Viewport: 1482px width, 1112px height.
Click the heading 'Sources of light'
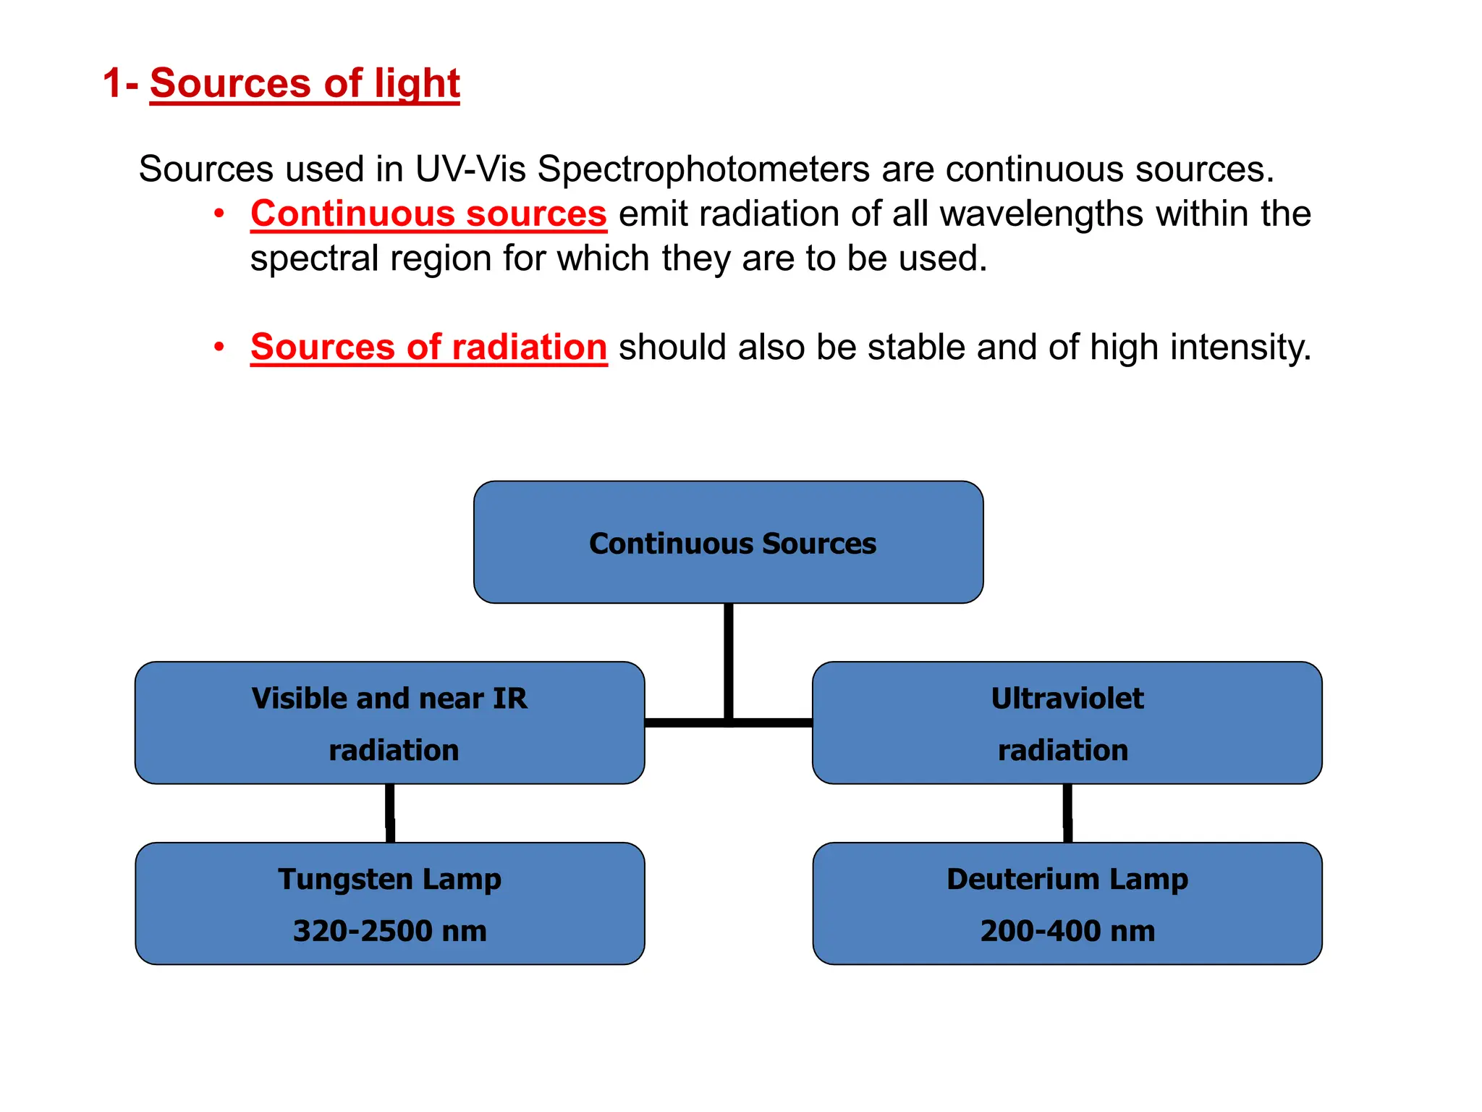(x=305, y=83)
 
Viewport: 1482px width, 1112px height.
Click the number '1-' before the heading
(x=120, y=83)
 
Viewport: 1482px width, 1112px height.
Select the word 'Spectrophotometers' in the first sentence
(x=703, y=169)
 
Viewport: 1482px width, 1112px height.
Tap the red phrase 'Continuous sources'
(x=428, y=214)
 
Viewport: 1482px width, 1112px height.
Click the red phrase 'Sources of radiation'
(x=428, y=347)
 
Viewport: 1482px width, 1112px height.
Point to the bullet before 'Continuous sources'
(x=219, y=214)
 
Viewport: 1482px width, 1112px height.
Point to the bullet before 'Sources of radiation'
(x=219, y=347)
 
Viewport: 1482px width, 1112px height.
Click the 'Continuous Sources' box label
(x=732, y=544)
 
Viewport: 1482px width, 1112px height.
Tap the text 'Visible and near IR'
(x=389, y=699)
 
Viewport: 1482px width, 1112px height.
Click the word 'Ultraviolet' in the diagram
(x=1067, y=699)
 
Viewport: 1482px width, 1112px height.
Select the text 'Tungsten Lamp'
(x=389, y=880)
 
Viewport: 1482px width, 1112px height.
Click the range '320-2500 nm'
(x=389, y=931)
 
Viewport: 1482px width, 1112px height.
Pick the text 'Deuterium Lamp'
(x=1067, y=880)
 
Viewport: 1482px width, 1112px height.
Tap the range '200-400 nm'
(x=1067, y=931)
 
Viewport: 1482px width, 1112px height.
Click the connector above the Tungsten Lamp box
(x=390, y=813)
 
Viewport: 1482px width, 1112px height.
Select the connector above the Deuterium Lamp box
(x=1067, y=813)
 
